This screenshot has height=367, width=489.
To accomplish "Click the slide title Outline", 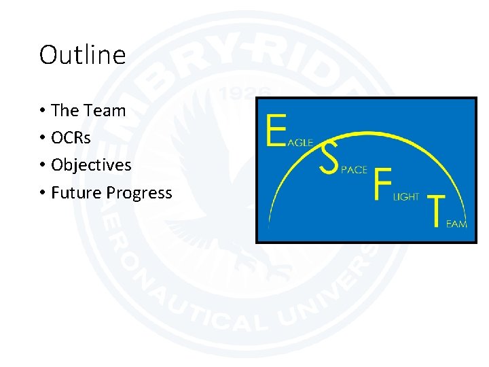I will pyautogui.click(x=82, y=55).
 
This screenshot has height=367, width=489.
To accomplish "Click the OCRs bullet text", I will pyautogui.click(x=71, y=138).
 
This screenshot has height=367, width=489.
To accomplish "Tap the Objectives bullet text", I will pyautogui.click(x=91, y=165).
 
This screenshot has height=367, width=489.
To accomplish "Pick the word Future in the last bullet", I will pyautogui.click(x=76, y=193).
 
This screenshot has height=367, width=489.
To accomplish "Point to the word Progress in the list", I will pyautogui.click(x=139, y=194).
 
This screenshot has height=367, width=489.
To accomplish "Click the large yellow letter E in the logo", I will pyautogui.click(x=276, y=130).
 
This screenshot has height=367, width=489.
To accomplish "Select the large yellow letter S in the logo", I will pyautogui.click(x=329, y=157).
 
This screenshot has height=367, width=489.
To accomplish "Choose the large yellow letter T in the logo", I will pyautogui.click(x=435, y=210).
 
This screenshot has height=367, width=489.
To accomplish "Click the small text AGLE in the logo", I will pyautogui.click(x=300, y=143).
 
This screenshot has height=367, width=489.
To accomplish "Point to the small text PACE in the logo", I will pyautogui.click(x=353, y=170).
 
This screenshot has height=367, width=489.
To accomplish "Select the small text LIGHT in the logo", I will pyautogui.click(x=406, y=196).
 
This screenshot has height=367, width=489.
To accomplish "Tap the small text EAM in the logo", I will pyautogui.click(x=456, y=224).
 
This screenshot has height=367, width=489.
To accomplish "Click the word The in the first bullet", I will pyautogui.click(x=65, y=111).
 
